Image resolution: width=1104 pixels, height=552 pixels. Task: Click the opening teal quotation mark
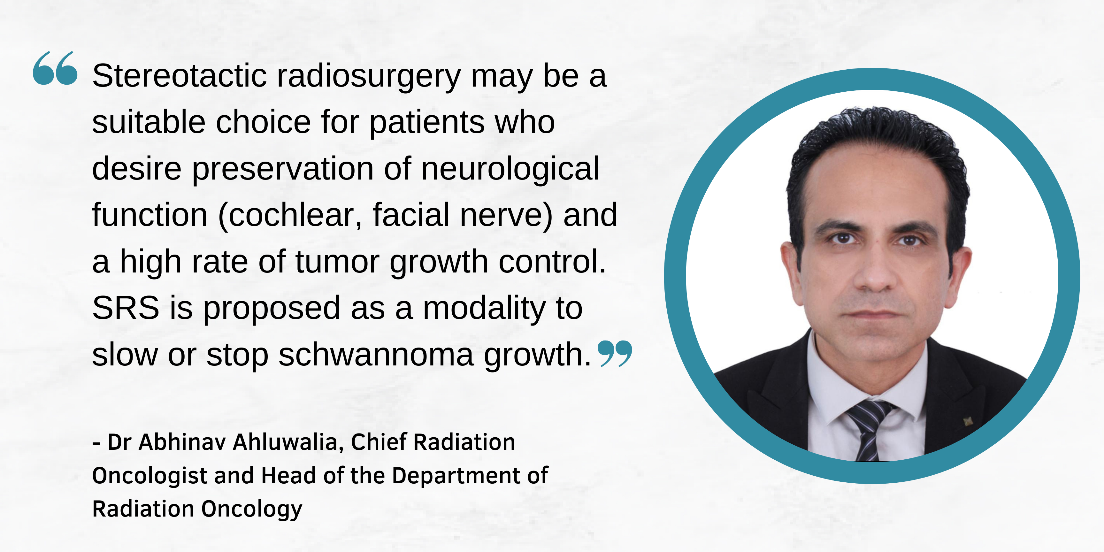[55, 68]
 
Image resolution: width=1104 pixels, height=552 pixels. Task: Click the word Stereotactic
[180, 76]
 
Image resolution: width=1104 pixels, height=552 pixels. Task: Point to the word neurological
[510, 169]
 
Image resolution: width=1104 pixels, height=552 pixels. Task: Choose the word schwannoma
[376, 355]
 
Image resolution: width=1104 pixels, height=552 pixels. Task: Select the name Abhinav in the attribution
[182, 442]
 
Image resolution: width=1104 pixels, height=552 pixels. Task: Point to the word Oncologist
[150, 476]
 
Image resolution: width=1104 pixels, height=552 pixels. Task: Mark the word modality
[484, 309]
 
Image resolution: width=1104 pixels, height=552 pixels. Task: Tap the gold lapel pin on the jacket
[968, 421]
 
